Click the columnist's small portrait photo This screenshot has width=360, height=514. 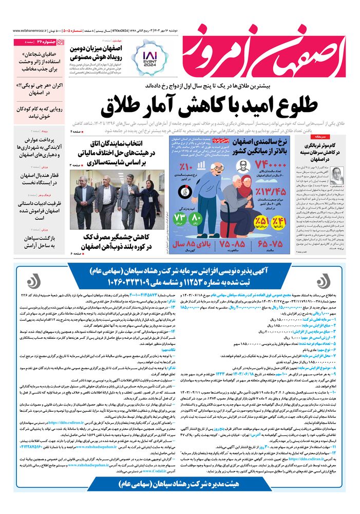337,175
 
